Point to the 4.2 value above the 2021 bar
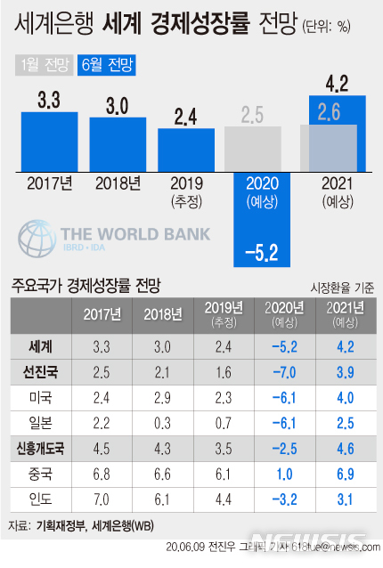[338, 85]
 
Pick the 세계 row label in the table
[40, 344]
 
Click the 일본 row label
[40, 418]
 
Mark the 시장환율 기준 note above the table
[342, 288]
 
